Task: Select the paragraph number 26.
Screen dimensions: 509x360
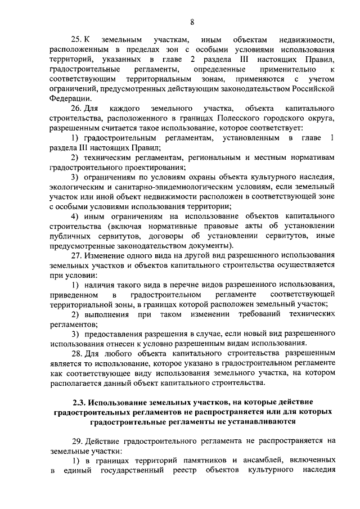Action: pyautogui.click(x=76, y=107)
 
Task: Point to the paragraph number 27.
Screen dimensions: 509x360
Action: pyautogui.click(x=76, y=255)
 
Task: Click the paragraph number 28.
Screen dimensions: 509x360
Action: pyautogui.click(x=76, y=354)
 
